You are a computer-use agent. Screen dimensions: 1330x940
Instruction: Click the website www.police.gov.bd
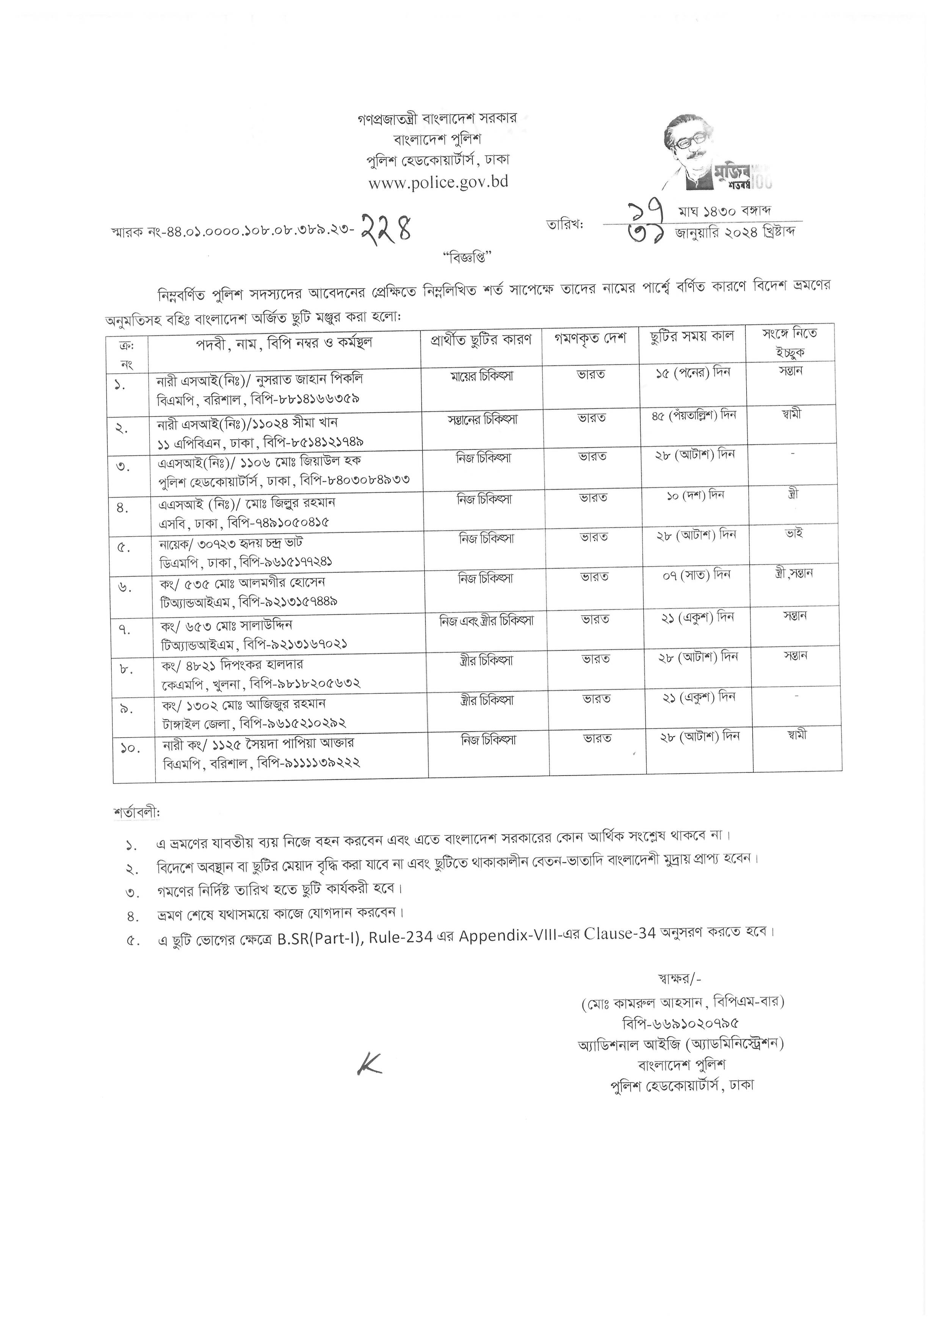(439, 182)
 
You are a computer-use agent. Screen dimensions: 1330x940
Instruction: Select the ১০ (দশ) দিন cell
(695, 496)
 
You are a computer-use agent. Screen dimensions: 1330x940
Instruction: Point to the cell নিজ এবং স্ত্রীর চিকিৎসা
(487, 620)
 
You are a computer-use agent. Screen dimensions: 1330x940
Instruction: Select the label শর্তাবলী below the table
(137, 813)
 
